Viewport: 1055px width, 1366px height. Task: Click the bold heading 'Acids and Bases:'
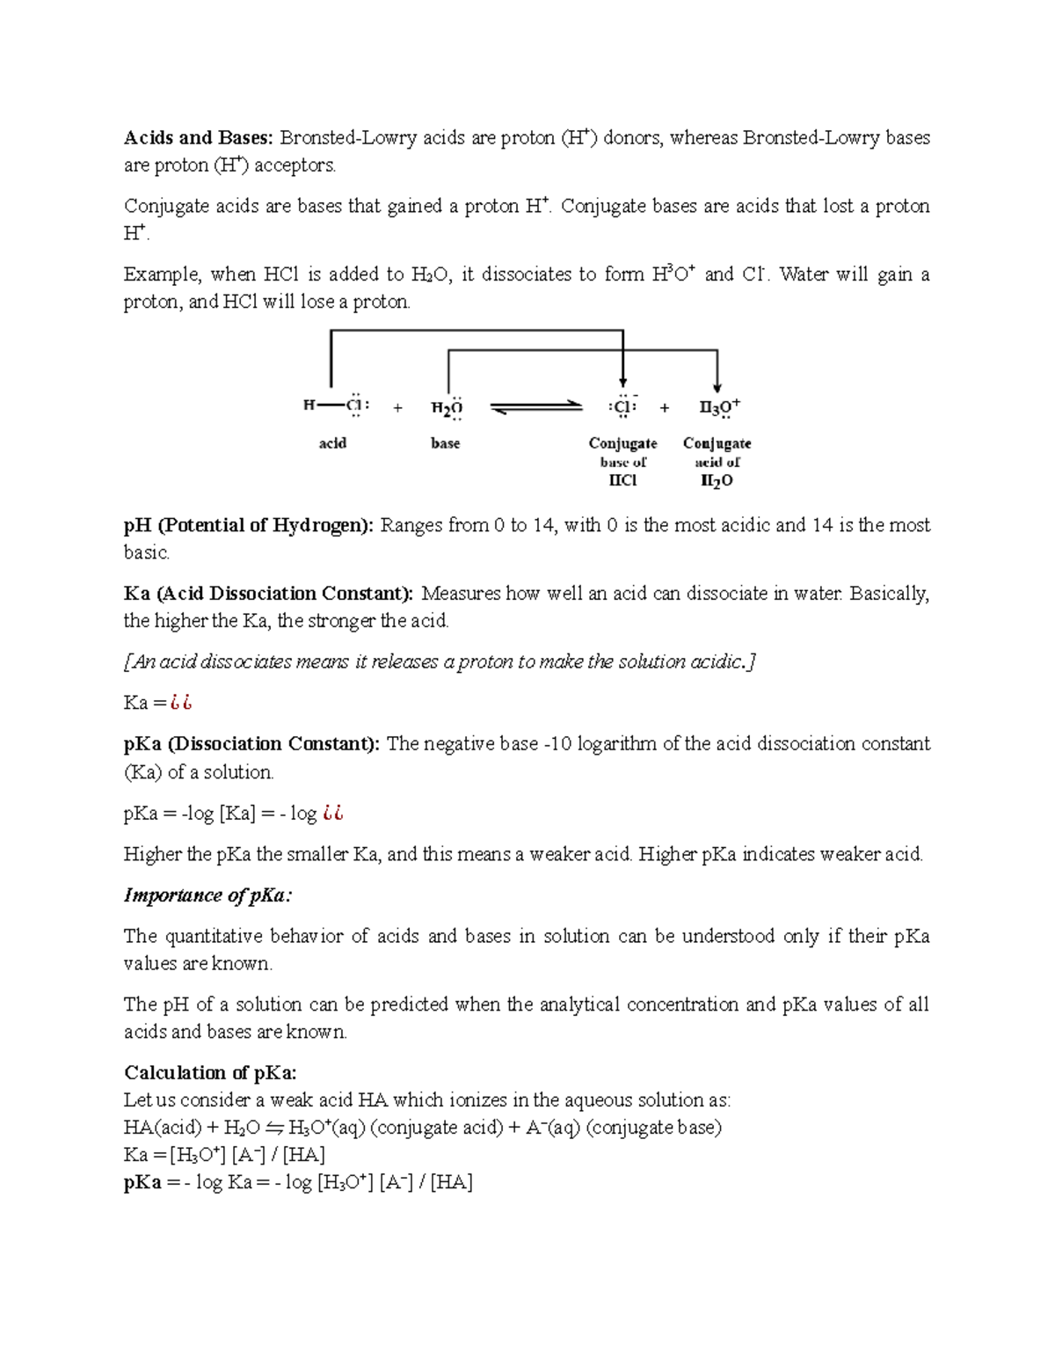coord(199,138)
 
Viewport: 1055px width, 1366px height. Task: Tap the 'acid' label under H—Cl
coord(332,443)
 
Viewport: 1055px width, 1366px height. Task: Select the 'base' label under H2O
coord(446,443)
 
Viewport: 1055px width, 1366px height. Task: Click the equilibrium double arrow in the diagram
coord(536,407)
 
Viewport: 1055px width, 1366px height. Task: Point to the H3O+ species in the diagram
coord(719,407)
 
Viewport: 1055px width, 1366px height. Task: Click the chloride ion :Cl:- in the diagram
coord(622,407)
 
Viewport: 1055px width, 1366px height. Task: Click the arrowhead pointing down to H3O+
coord(717,386)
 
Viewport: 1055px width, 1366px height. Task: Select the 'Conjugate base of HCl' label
coord(622,462)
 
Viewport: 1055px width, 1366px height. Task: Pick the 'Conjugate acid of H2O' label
coord(717,462)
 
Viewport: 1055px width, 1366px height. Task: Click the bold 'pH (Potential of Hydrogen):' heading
coord(249,526)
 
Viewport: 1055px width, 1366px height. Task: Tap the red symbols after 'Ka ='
coord(181,703)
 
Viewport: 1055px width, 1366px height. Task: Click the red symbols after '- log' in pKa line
coord(332,814)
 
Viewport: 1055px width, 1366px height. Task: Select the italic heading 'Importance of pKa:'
coord(207,895)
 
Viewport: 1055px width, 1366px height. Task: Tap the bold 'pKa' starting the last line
coord(142,1182)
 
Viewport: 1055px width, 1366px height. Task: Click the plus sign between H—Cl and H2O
coord(398,408)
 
